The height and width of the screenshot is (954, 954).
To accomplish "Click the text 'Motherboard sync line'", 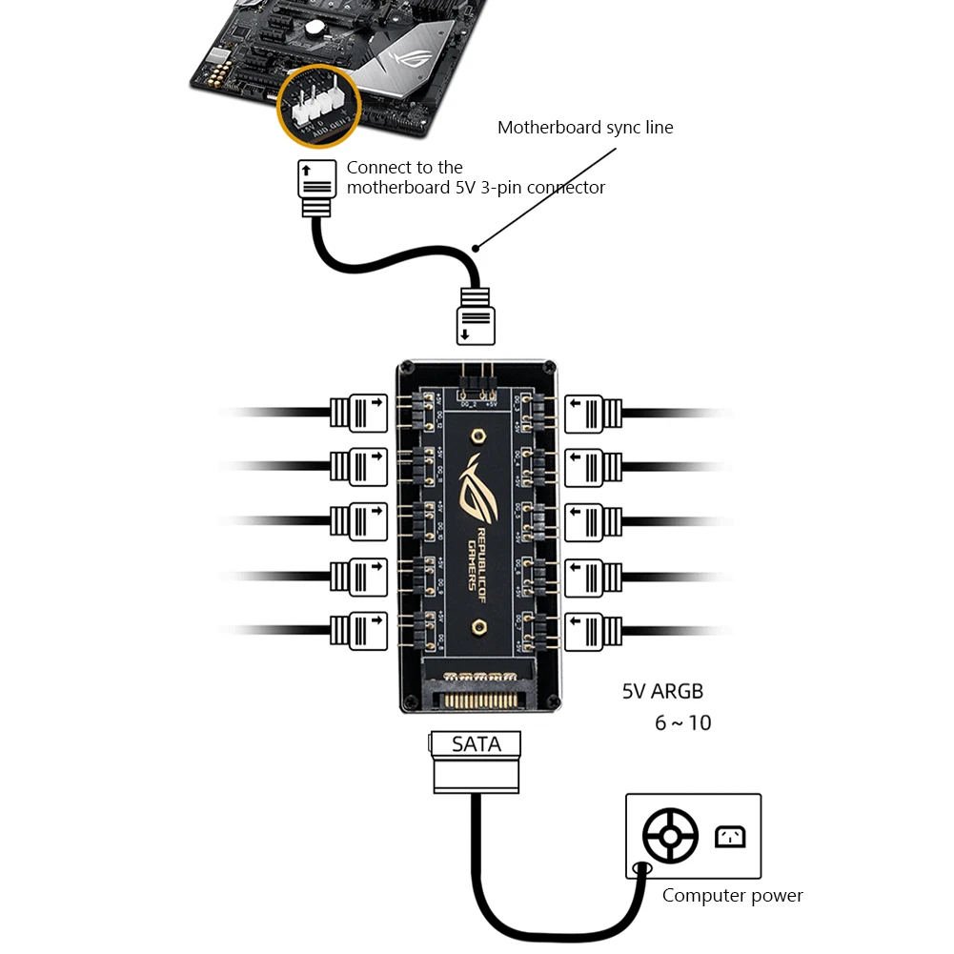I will [585, 128].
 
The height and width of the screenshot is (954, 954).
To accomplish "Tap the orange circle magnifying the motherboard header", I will [318, 106].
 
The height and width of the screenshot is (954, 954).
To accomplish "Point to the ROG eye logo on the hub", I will [476, 486].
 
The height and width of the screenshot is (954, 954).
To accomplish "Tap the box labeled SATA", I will [476, 743].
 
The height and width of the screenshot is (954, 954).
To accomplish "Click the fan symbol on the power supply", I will [670, 837].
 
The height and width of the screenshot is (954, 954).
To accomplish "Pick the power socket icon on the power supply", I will [729, 837].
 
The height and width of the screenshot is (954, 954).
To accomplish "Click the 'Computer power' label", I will [732, 896].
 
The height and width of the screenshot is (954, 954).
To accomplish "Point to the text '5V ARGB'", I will [662, 692].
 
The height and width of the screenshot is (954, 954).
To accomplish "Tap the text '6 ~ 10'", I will [682, 723].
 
